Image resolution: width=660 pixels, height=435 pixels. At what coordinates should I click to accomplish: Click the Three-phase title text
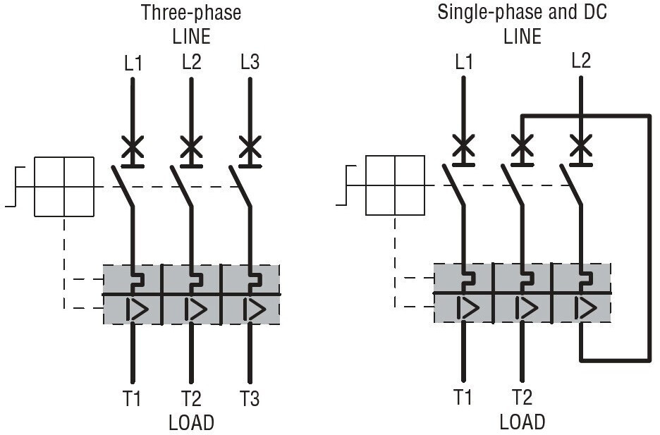pos(191,13)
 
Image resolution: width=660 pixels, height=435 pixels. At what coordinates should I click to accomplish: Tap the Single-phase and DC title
pos(522,12)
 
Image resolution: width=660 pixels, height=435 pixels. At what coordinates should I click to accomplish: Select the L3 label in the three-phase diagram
pos(250,62)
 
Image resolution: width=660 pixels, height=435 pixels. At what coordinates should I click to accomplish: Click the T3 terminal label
pos(250,398)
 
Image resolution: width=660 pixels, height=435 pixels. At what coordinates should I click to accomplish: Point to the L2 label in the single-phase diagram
pos(581,61)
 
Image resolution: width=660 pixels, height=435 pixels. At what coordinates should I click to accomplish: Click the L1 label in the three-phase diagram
pos(133,63)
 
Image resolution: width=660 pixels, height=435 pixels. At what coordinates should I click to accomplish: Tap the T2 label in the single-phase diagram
pos(522,397)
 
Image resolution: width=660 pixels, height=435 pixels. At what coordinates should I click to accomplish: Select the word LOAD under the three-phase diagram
pos(192,423)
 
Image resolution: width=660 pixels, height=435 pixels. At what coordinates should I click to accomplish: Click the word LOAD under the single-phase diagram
pos(522,422)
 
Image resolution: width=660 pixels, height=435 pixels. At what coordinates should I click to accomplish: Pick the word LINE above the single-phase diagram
pos(522,36)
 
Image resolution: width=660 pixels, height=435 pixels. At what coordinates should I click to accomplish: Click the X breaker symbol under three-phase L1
pos(133,147)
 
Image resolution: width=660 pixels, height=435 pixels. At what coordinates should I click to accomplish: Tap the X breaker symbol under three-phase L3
pos(250,147)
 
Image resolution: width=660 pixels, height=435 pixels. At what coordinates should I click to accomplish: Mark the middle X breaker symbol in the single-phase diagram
pos(522,145)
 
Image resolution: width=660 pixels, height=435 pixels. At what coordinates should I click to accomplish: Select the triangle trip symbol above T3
pos(255,310)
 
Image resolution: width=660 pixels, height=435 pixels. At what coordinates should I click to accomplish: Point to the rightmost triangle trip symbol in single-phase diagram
pos(585,308)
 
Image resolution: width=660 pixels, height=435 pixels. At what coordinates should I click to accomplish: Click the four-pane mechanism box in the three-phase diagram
pos(64,187)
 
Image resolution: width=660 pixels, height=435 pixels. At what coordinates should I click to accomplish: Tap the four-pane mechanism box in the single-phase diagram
pos(396,185)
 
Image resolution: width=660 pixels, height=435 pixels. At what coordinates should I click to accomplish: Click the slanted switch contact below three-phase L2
pos(181,186)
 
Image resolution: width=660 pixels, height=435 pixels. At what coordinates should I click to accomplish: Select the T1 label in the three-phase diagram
pos(132,398)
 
